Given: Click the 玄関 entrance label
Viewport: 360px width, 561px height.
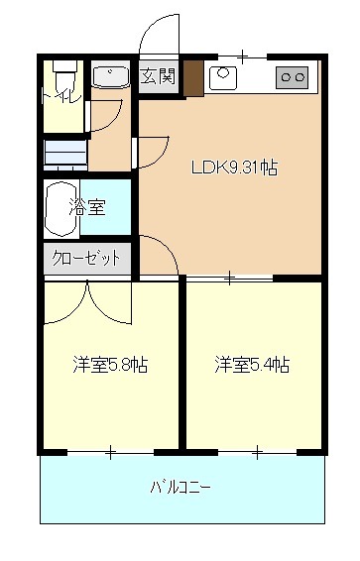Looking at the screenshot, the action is (x=158, y=76).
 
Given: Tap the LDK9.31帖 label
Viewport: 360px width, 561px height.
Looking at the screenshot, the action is (x=234, y=168).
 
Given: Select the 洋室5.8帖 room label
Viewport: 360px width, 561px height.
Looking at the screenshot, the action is (x=110, y=365).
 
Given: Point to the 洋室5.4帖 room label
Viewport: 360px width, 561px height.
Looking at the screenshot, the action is (x=252, y=365).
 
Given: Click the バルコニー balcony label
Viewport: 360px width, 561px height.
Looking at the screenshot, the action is (x=180, y=487).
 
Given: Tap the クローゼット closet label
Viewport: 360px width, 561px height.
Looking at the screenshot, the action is (x=86, y=258).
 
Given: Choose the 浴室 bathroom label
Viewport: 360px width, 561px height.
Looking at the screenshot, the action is (x=87, y=207).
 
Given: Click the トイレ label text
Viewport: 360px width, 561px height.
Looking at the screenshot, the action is (x=62, y=96).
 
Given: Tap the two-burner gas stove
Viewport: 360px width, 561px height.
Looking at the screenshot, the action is (x=292, y=77).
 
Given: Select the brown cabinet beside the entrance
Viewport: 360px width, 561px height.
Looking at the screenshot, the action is (x=193, y=78).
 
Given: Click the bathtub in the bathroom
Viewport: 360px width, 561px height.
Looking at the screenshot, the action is (x=61, y=209).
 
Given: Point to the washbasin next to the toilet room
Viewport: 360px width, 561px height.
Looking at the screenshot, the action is (x=110, y=76).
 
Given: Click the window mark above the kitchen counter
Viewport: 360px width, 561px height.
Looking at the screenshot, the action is (x=243, y=56).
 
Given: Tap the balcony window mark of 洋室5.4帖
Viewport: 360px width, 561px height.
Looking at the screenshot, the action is (x=257, y=454).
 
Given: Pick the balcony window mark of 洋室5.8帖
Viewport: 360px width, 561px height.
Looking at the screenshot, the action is (x=110, y=453).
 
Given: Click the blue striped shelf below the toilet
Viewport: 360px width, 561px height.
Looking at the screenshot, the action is (x=65, y=156).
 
